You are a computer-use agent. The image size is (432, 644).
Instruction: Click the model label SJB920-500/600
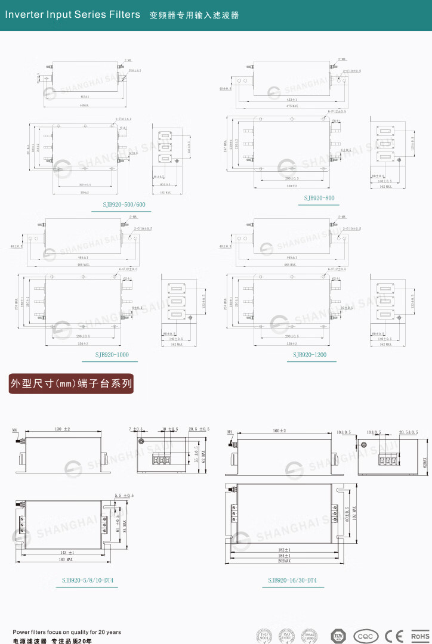124,205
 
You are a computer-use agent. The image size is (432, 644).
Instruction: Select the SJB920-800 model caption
319,198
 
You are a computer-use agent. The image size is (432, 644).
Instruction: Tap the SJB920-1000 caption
112,355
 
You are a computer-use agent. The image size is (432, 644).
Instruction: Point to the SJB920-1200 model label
310,355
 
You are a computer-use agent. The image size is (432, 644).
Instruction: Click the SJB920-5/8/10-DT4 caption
88,580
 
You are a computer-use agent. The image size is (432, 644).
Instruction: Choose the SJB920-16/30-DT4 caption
292,580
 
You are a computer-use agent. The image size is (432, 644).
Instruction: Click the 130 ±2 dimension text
62,429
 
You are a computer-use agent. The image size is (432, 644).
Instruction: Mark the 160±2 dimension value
279,431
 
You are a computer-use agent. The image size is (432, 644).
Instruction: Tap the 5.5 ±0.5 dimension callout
124,496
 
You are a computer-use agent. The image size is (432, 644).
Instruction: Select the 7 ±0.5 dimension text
136,429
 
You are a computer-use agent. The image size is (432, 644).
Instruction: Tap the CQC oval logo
366,636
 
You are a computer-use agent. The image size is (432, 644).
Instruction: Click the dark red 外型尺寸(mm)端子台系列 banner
71,383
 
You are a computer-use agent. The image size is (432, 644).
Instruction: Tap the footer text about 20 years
67,632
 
